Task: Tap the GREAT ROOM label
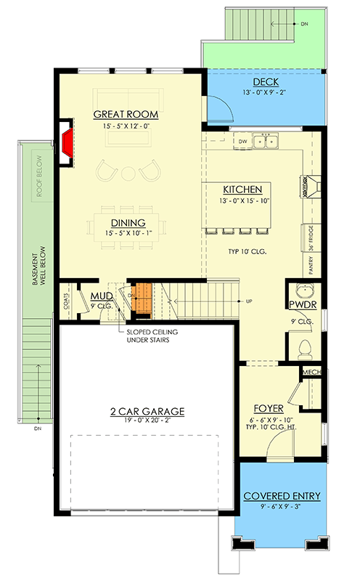(126, 115)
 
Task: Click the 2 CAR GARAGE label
(147, 411)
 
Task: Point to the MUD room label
(99, 296)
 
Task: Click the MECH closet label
(311, 373)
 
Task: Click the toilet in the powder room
(305, 346)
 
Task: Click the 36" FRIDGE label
(312, 239)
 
